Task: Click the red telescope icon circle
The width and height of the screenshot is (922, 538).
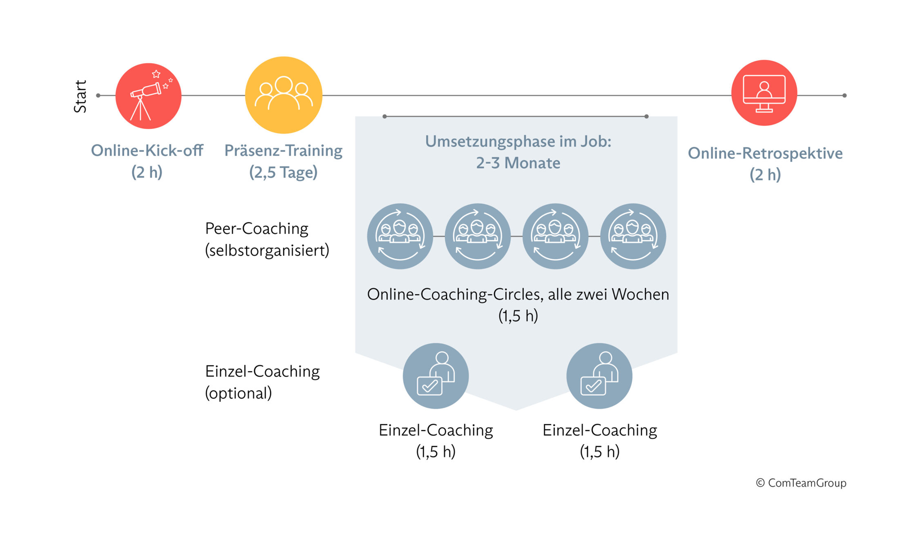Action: pos(149,96)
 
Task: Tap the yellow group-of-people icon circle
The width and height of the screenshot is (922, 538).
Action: pos(284,95)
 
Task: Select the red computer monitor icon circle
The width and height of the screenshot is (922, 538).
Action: pos(764,93)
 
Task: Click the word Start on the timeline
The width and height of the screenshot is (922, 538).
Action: pos(80,96)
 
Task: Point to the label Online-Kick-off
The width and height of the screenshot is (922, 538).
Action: pos(147,151)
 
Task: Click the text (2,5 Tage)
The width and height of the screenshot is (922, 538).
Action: pos(284,172)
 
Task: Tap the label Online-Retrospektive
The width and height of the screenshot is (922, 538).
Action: pos(765,153)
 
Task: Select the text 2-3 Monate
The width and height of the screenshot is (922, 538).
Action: pos(518,163)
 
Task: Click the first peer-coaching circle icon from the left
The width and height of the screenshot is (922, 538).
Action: pos(400,236)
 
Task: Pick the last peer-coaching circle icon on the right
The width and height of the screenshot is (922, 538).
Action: pos(633,236)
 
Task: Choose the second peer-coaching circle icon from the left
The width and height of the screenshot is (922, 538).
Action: pos(478,236)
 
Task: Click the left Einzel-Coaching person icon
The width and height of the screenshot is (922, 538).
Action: pos(436,376)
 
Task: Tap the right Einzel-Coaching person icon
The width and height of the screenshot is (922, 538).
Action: pos(599,376)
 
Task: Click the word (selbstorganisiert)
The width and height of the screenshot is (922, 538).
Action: pos(267,251)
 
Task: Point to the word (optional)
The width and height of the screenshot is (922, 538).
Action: pos(238,394)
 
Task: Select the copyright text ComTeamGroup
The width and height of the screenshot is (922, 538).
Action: pos(807,483)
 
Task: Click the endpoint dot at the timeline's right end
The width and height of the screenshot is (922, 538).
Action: pos(845,95)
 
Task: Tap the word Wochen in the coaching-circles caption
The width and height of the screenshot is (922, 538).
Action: pos(640,295)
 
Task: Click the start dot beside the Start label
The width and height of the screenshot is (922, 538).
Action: pos(98,95)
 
